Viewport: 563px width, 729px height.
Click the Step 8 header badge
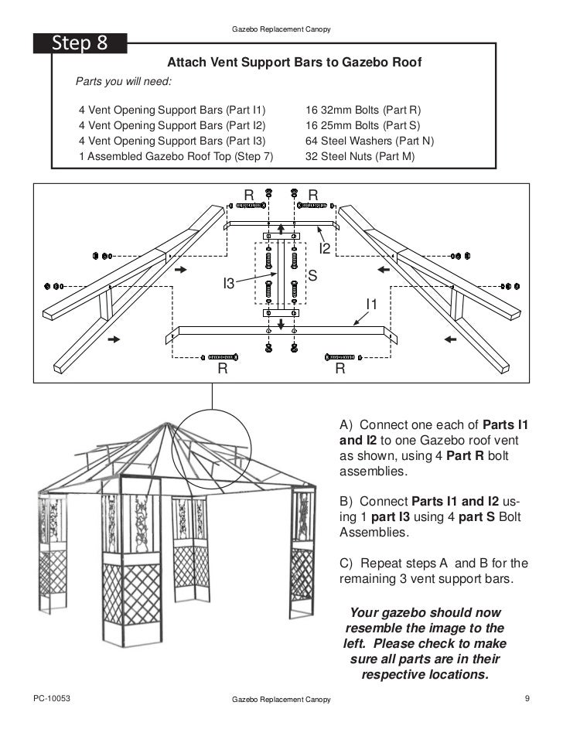pyautogui.click(x=80, y=43)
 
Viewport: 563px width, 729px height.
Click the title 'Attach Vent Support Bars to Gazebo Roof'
pyautogui.click(x=295, y=63)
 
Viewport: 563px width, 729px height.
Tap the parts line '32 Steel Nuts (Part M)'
pyautogui.click(x=360, y=156)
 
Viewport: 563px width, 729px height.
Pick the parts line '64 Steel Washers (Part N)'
pyautogui.click(x=370, y=141)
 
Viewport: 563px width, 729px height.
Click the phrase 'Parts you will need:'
pyautogui.click(x=123, y=81)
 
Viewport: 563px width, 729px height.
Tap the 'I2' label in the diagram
pyautogui.click(x=326, y=248)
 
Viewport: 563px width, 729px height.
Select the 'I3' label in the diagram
pyautogui.click(x=228, y=284)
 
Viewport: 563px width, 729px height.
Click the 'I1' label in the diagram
pyautogui.click(x=371, y=305)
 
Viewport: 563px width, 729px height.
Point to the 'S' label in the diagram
pyautogui.click(x=312, y=275)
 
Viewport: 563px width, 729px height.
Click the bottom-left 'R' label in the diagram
pyautogui.click(x=222, y=370)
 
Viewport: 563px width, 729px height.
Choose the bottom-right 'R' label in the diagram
pyautogui.click(x=340, y=370)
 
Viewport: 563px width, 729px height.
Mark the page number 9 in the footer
pyautogui.click(x=527, y=699)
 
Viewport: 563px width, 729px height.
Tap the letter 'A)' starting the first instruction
pyautogui.click(x=346, y=425)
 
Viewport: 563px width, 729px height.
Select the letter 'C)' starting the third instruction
pyautogui.click(x=346, y=563)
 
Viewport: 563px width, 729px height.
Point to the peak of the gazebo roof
pyautogui.click(x=164, y=424)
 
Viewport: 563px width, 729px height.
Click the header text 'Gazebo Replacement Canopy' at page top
pyautogui.click(x=281, y=29)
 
